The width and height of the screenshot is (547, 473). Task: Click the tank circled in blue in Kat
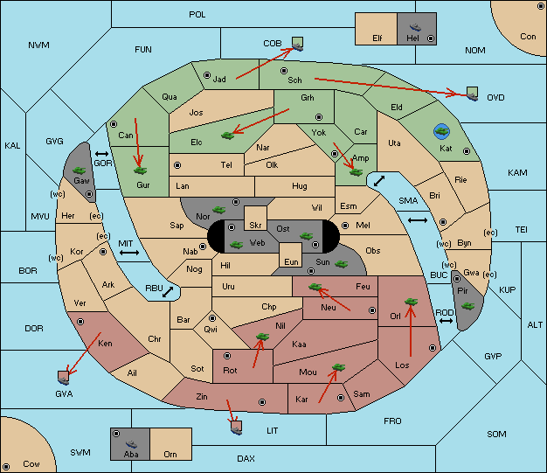[x=441, y=131]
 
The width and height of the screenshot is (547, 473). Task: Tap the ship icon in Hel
[x=415, y=27]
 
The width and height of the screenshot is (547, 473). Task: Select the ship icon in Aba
[x=132, y=443]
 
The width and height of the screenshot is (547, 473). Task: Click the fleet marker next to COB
[x=298, y=44]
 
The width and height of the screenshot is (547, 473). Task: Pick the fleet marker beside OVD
[x=473, y=94]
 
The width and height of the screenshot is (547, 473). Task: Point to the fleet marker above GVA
[x=63, y=378]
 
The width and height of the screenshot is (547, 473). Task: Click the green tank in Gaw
[x=80, y=170]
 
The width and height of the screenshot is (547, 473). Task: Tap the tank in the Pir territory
[x=467, y=306]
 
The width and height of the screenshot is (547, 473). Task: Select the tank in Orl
[x=411, y=302]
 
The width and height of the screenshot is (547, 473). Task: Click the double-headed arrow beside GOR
[x=101, y=154]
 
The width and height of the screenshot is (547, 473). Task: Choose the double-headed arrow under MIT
[x=129, y=253]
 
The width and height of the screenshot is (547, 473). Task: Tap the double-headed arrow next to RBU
[x=168, y=292]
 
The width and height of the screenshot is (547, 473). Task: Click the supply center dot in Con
[x=541, y=6]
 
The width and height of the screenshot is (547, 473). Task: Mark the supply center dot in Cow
[x=6, y=467]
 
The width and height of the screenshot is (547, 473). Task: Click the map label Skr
[x=255, y=226]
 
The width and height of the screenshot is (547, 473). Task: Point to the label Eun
[x=291, y=261]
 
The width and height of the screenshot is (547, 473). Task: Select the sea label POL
[x=197, y=15]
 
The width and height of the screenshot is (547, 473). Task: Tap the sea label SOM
[x=496, y=435]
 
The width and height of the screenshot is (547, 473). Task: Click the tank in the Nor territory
[x=219, y=210]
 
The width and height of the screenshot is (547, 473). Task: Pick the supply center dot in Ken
[x=80, y=322]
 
